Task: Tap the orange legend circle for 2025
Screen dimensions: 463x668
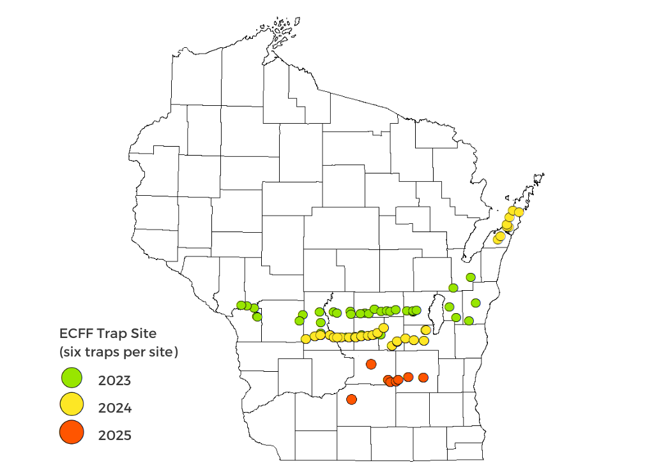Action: [x=72, y=433]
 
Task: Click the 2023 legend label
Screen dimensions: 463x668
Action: [x=115, y=381]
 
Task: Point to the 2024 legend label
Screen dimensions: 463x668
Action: [x=115, y=408]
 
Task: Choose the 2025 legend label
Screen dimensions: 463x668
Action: [x=115, y=436]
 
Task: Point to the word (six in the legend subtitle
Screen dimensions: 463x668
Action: [x=72, y=352]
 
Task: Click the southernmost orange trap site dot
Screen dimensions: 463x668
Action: [x=351, y=399]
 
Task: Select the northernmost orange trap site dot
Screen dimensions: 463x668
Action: [x=371, y=364]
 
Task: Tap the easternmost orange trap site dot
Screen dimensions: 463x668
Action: [x=423, y=378]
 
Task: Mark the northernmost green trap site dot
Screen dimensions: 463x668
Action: [x=471, y=277]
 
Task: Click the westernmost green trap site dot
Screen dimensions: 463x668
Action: [x=241, y=305]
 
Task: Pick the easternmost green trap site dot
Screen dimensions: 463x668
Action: [x=476, y=302]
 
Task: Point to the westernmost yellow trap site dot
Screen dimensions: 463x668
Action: [x=306, y=339]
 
